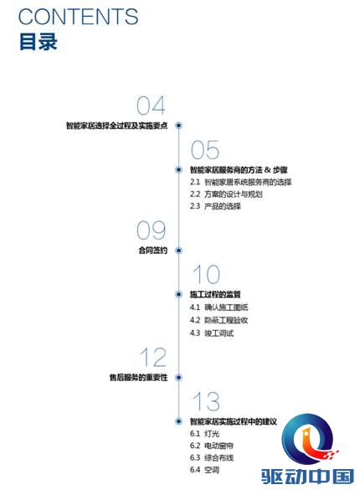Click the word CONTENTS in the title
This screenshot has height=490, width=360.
point(79,17)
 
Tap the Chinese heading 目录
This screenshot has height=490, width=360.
point(39,41)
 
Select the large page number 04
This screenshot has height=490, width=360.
point(152,106)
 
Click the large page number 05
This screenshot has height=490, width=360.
point(205,150)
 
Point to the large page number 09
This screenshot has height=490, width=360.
point(152,230)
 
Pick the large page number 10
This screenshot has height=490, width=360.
point(206,274)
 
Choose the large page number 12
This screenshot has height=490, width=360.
point(153,357)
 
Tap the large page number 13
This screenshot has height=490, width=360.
point(206,401)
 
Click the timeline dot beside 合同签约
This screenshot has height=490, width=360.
point(178,250)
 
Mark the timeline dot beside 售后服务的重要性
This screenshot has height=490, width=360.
point(178,378)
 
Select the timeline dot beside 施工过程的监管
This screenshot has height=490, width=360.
point(178,294)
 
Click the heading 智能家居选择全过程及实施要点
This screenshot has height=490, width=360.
point(116,126)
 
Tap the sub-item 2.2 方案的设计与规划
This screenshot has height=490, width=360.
point(226,194)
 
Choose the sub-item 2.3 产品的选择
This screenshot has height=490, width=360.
point(215,206)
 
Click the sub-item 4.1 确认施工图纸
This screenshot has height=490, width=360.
point(219,307)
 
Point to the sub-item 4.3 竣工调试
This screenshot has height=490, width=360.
point(212,333)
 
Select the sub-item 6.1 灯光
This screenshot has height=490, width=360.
point(204,433)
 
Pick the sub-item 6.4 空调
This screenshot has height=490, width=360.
point(204,469)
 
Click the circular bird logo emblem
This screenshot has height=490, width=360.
point(309,439)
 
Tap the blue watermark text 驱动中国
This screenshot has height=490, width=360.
point(307,477)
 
